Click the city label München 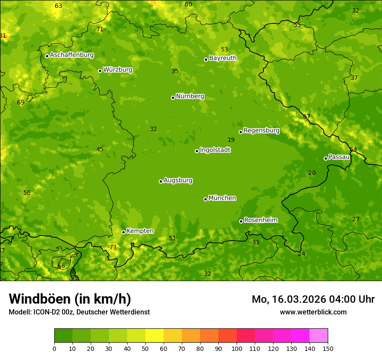tap(222, 198)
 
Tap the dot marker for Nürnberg tap(173, 98)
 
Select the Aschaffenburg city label tap(72, 55)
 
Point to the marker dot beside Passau tap(326, 158)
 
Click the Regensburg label tap(261, 131)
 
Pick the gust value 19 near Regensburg tap(231, 140)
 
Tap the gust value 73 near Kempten tap(113, 247)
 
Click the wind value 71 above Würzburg tap(100, 29)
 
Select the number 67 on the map tap(306, 116)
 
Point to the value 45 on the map tap(100, 149)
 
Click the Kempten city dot tap(123, 232)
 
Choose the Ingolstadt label tap(215, 150)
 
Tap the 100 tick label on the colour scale tap(237, 348)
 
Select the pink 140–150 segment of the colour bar tap(319, 336)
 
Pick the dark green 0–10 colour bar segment tap(63, 336)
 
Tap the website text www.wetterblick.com tap(313, 312)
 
